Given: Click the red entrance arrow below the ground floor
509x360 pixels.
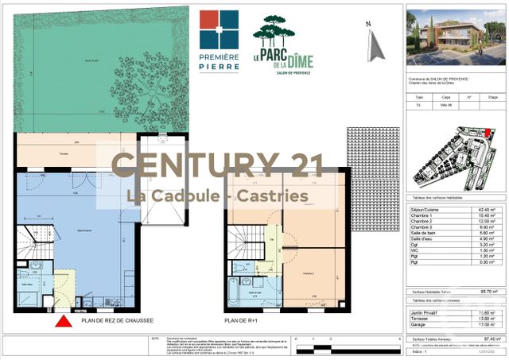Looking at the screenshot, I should (60, 323).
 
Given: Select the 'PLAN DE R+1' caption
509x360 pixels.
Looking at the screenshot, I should (240, 321).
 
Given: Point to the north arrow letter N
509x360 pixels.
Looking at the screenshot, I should (368, 25).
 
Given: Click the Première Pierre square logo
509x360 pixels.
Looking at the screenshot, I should (218, 29).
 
